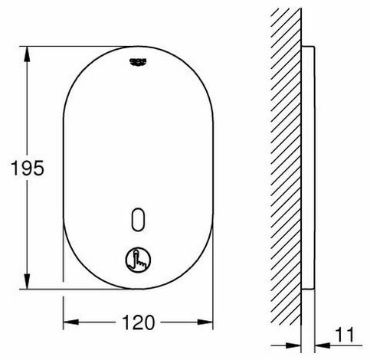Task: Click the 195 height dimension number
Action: point(27,168)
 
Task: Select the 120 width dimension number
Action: point(138,322)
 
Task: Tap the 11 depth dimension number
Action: point(345,335)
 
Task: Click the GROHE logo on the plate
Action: point(138,61)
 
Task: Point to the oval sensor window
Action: point(138,219)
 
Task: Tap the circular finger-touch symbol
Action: point(138,259)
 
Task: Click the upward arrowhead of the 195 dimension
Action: point(27,54)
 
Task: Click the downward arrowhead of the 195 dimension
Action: point(27,281)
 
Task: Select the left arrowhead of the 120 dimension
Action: point(71,322)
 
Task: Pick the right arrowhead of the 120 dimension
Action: point(205,322)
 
